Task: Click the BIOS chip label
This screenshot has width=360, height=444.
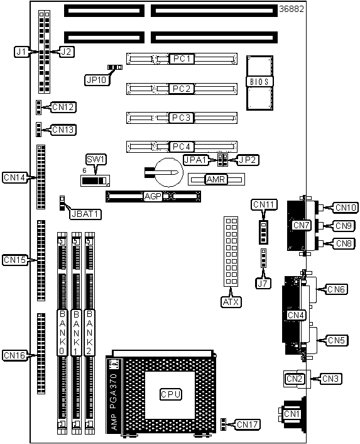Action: tap(259, 82)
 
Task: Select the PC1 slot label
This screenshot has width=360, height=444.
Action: tap(182, 58)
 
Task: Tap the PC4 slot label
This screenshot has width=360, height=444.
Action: tap(182, 147)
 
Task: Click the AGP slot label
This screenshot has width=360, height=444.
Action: tap(153, 196)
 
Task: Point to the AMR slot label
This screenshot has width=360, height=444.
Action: tap(215, 179)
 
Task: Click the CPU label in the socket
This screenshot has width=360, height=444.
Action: tap(170, 394)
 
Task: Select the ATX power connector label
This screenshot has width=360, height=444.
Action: tap(231, 302)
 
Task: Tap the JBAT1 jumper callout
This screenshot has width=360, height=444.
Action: tap(85, 214)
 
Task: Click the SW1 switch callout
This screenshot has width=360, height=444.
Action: tap(96, 159)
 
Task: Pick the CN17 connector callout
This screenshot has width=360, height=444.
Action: tap(248, 425)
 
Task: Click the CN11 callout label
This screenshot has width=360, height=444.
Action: tap(264, 204)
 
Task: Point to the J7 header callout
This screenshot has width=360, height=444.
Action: tap(263, 284)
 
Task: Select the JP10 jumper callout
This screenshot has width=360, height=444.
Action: tap(97, 80)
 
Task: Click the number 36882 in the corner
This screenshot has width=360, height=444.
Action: tap(292, 9)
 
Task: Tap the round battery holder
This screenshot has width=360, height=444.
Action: tap(169, 172)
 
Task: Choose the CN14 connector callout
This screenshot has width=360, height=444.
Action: tap(14, 177)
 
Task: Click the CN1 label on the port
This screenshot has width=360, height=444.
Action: tap(292, 414)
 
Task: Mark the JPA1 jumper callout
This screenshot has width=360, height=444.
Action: tap(195, 160)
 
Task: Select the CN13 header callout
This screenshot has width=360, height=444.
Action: tap(63, 130)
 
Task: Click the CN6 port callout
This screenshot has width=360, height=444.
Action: tap(337, 289)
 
